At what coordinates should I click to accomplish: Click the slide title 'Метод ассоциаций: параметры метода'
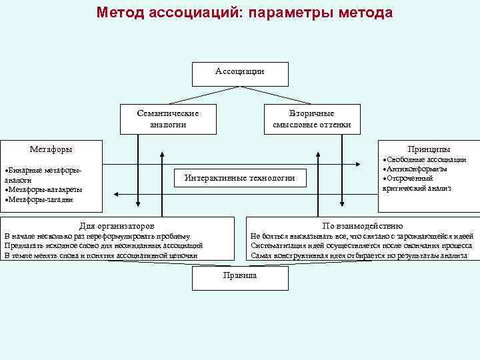pyautogui.click(x=244, y=13)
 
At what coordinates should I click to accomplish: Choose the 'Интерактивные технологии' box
pyautogui.click(x=239, y=178)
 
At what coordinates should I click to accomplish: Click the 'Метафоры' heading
pyautogui.click(x=51, y=149)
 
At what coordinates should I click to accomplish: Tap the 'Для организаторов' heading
pyautogui.click(x=117, y=225)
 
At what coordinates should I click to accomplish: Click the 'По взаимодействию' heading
pyautogui.click(x=362, y=225)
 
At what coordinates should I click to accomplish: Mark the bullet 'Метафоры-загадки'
pyautogui.click(x=40, y=199)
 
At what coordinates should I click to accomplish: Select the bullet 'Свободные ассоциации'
pyautogui.click(x=425, y=160)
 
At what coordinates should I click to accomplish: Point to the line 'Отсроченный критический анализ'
pyautogui.click(x=419, y=183)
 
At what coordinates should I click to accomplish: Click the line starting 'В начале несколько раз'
pyautogui.click(x=97, y=236)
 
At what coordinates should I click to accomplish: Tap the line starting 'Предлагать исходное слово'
pyautogui.click(x=103, y=245)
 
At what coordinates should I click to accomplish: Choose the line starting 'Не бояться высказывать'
pyautogui.click(x=362, y=236)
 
